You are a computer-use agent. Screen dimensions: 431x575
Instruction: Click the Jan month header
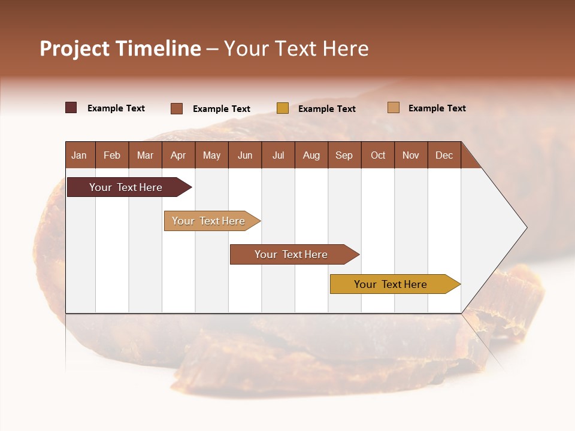click(x=79, y=155)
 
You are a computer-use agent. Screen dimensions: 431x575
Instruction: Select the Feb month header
click(x=112, y=155)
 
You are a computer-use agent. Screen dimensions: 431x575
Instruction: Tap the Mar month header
click(x=145, y=155)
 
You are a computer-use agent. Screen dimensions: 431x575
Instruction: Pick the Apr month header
click(x=178, y=155)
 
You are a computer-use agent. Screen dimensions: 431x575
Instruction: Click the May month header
click(x=211, y=155)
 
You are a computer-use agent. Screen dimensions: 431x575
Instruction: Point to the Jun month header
click(x=245, y=155)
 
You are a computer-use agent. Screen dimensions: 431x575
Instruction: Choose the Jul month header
click(x=278, y=155)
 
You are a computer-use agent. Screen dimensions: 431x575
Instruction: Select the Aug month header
click(x=311, y=155)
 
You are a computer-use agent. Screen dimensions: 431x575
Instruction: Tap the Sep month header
click(x=344, y=155)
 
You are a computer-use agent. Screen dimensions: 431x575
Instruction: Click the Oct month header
click(x=378, y=155)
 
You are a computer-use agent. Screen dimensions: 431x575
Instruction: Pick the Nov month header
click(x=411, y=155)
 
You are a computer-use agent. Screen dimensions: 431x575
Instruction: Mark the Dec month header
click(x=444, y=155)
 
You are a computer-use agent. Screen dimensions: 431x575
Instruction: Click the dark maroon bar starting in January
click(x=126, y=187)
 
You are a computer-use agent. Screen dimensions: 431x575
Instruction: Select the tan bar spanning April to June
click(x=209, y=221)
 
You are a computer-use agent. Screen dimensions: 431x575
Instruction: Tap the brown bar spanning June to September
click(x=292, y=254)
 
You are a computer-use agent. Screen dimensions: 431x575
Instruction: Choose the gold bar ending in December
click(x=391, y=284)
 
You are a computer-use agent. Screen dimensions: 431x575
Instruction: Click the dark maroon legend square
click(x=71, y=108)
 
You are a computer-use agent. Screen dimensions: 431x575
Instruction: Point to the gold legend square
click(x=283, y=108)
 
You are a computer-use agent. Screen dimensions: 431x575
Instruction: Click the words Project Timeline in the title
click(x=120, y=48)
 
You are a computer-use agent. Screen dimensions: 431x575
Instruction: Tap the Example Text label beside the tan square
click(x=437, y=108)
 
